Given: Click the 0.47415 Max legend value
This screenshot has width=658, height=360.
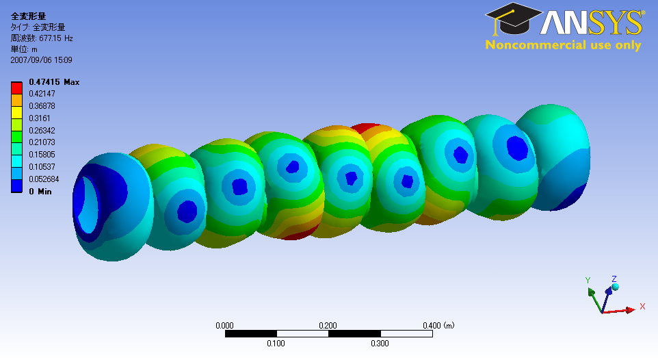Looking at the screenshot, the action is (x=54, y=82).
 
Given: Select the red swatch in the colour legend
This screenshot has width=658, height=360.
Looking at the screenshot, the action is (x=16, y=88).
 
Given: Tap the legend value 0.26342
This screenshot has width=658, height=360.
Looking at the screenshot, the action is (x=42, y=130).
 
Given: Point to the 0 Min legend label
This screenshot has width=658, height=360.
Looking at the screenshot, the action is (x=40, y=192).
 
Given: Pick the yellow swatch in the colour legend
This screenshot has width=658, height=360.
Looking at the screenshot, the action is (x=16, y=112).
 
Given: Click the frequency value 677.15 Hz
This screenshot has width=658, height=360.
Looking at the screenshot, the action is (x=56, y=38).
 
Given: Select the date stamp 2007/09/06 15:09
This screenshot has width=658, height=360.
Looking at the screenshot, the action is (x=41, y=60).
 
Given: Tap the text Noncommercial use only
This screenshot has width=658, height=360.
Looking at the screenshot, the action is (x=563, y=45).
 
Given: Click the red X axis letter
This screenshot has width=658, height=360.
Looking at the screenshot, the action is (x=642, y=306).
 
